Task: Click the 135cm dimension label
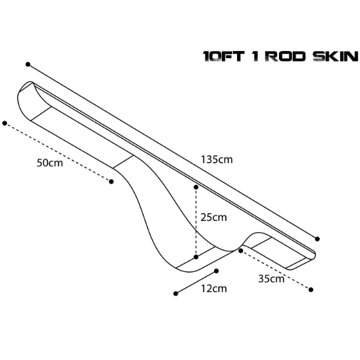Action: (217, 160)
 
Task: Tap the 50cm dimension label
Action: (50, 163)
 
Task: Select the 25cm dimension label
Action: (214, 217)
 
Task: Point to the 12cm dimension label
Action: (214, 289)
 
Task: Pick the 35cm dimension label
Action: (271, 279)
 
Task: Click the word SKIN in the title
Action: (335, 56)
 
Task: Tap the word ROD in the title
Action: (286, 56)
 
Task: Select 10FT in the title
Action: (223, 56)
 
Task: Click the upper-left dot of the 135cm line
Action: (28, 64)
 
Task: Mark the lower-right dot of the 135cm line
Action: (317, 239)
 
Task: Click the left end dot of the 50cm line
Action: (5, 123)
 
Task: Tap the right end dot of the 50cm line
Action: (111, 182)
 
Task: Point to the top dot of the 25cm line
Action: (196, 187)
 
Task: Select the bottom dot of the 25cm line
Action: (196, 257)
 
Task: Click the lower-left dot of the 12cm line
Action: (176, 293)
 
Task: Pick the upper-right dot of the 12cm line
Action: (216, 271)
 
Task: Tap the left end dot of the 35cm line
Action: (241, 251)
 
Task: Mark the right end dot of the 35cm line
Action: (311, 290)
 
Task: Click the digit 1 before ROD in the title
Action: (256, 56)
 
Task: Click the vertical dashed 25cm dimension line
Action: (196, 222)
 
